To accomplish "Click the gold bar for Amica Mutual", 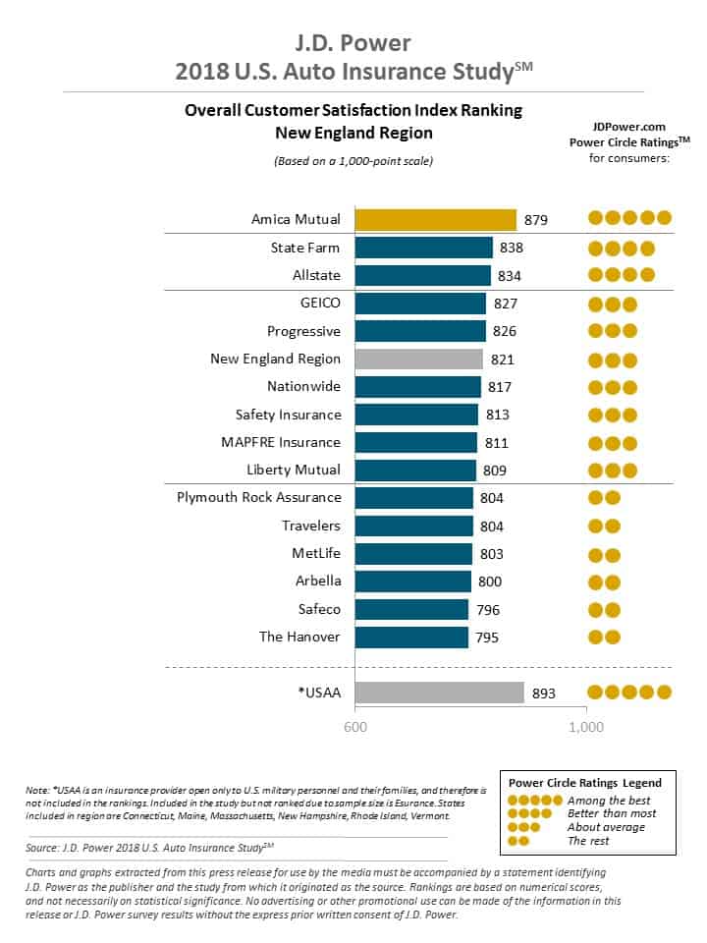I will coord(435,220).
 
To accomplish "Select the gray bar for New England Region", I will coord(418,360).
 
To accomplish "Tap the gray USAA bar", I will coord(439,693).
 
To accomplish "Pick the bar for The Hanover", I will coord(411,638).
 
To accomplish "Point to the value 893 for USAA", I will coord(544,693).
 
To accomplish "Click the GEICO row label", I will coord(318,304).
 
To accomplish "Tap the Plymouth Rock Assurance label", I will coord(259,497).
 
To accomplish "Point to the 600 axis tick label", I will coord(354,728).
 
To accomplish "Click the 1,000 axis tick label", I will coord(586,728).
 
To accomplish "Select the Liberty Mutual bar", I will coord(415,471).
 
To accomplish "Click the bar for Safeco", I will coord(411,610).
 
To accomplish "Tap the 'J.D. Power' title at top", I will coord(353,43).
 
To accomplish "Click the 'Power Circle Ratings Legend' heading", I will coord(584,783).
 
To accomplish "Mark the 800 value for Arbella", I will coord(490,582).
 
